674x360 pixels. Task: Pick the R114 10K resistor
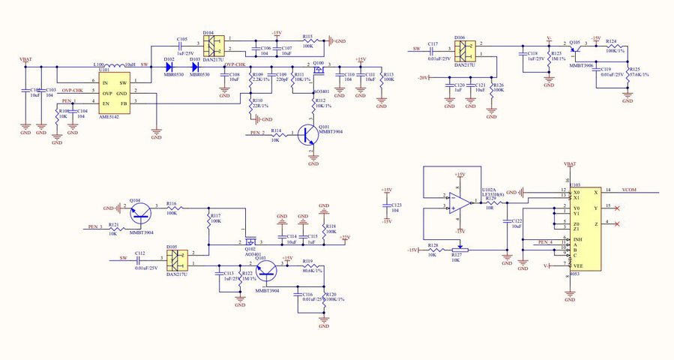pos(276,134)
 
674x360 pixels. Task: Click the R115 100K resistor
pos(307,40)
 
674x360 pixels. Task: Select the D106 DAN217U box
pos(464,51)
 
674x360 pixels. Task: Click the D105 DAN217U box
pos(176,259)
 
